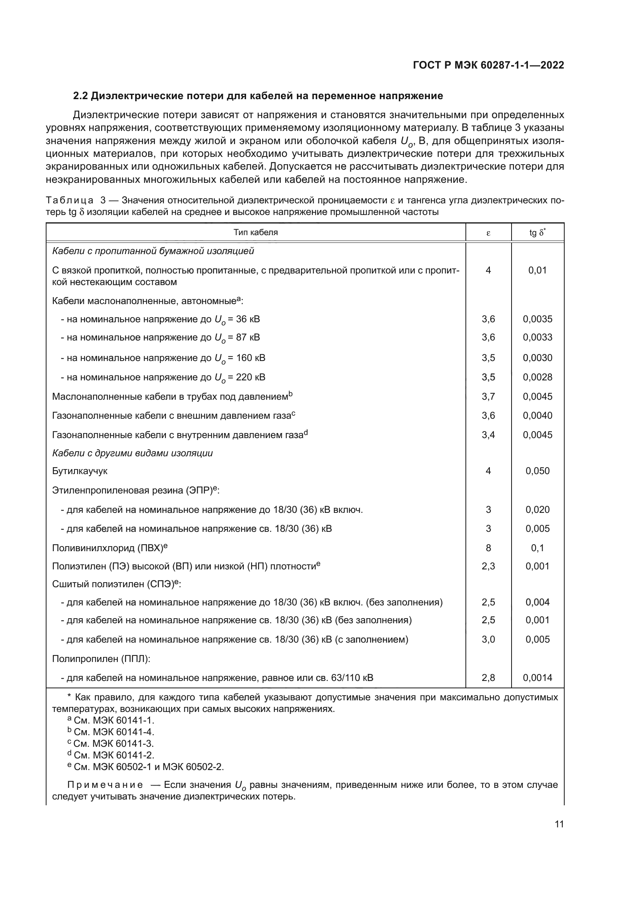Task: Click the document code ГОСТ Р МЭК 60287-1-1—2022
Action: pyautogui.click(x=488, y=65)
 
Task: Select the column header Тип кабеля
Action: pyautogui.click(x=255, y=232)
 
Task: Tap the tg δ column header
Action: pyautogui.click(x=537, y=232)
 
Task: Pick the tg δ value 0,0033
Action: pyautogui.click(x=537, y=337)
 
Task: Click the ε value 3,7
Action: pyautogui.click(x=488, y=396)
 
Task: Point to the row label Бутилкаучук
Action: pyautogui.click(x=80, y=471)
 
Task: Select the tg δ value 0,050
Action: pyautogui.click(x=537, y=471)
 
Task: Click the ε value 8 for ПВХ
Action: pyautogui.click(x=488, y=548)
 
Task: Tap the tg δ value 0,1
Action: pyautogui.click(x=537, y=548)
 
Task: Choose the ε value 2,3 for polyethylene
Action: pyautogui.click(x=488, y=566)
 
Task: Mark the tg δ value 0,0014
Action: pyautogui.click(x=537, y=678)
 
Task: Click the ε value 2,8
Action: pyautogui.click(x=488, y=678)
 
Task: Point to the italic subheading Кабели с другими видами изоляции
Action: pyautogui.click(x=132, y=453)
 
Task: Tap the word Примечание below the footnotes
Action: pyautogui.click(x=105, y=785)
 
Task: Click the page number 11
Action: pyautogui.click(x=559, y=824)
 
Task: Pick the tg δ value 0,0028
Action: pyautogui.click(x=537, y=377)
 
